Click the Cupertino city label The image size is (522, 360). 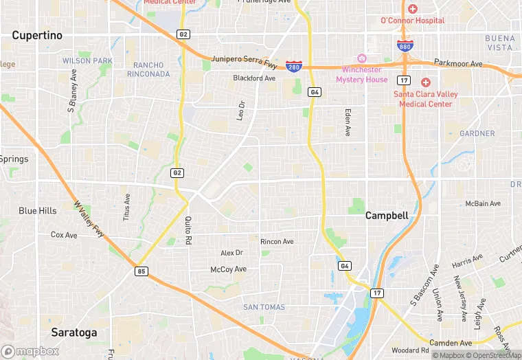[x=37, y=35]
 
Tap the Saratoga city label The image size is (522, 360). [x=73, y=333]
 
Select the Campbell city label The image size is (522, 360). [x=387, y=215]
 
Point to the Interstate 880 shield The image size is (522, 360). [x=405, y=45]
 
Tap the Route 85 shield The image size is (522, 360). [x=141, y=271]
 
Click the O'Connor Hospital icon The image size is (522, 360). [x=412, y=9]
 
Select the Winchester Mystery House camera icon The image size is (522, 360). [x=361, y=58]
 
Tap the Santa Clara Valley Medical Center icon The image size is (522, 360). [x=425, y=82]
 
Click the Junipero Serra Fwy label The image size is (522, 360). [x=245, y=59]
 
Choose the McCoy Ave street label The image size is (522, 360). [x=228, y=269]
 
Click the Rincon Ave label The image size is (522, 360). [x=277, y=241]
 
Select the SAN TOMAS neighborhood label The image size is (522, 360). [x=264, y=307]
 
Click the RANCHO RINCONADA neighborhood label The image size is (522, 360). [x=148, y=69]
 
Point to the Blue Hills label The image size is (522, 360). [x=38, y=211]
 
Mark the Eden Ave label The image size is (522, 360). [x=348, y=122]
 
